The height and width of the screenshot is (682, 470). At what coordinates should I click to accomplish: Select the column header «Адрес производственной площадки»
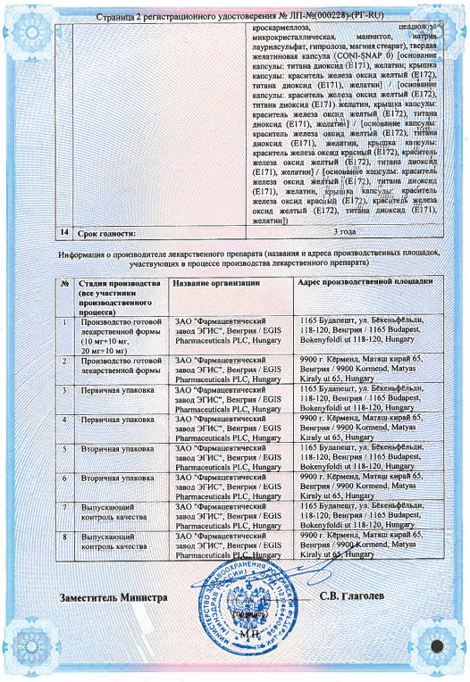click(x=365, y=282)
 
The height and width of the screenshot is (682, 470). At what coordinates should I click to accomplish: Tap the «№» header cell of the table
click(x=65, y=283)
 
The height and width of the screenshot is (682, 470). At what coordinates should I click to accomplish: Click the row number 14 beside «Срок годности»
click(x=63, y=233)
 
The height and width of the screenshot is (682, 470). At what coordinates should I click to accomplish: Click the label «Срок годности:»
click(x=108, y=234)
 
